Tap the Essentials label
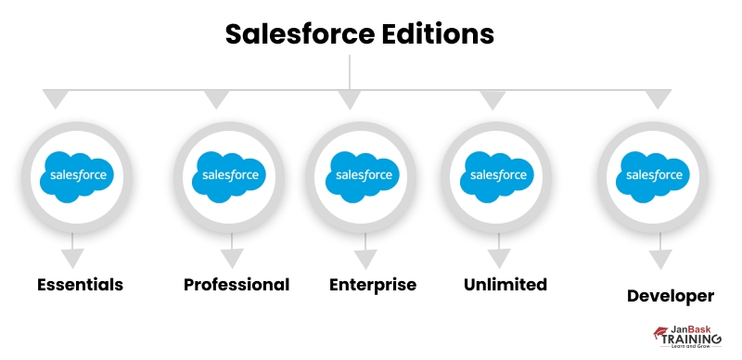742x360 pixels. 80,284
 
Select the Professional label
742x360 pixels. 237,284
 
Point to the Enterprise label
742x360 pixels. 373,284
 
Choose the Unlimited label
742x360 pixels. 505,284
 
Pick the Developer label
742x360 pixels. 671,296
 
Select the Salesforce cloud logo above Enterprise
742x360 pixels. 361,174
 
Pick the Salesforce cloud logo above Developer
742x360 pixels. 654,174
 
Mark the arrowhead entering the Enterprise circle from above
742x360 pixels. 349,99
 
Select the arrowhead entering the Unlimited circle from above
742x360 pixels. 492,99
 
